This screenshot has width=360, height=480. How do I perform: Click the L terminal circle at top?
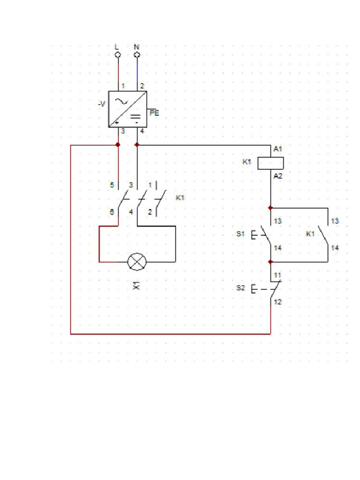(118, 55)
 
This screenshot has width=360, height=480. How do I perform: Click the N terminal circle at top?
(137, 55)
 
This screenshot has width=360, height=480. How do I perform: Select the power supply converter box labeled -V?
(127, 109)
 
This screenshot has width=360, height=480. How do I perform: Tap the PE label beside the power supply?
(154, 113)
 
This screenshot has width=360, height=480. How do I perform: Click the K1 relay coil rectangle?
(271, 163)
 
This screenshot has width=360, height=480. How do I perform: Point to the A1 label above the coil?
(278, 149)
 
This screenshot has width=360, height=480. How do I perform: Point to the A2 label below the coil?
(278, 176)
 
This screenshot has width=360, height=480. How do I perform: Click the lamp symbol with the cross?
(137, 262)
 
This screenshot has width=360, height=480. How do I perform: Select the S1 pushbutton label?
(240, 234)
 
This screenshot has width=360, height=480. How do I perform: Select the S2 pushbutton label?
(240, 288)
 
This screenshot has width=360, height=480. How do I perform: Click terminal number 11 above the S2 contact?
(278, 275)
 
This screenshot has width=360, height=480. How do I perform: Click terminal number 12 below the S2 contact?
(278, 302)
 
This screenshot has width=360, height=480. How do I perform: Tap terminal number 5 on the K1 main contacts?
(112, 185)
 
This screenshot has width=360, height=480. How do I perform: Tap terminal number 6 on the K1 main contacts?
(112, 212)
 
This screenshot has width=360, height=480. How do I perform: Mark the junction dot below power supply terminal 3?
(118, 145)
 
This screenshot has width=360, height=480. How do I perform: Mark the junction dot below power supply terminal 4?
(137, 145)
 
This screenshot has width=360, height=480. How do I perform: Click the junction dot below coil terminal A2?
(270, 207)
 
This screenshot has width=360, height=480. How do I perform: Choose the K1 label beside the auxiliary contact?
(310, 234)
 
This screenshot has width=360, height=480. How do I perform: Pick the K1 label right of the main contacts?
(180, 198)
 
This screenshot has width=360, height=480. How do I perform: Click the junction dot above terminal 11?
(270, 262)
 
